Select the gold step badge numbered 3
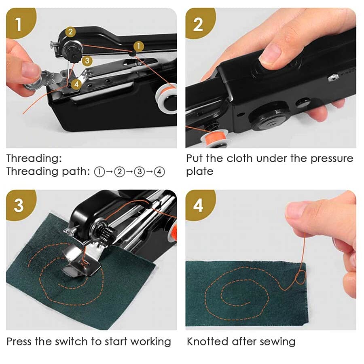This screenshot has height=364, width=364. click(x=19, y=205)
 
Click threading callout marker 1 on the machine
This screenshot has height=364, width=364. click(x=138, y=47)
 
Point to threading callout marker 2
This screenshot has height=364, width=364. click(x=70, y=32)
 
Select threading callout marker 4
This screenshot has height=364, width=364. click(x=76, y=84)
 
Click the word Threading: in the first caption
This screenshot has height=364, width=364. click(x=34, y=158)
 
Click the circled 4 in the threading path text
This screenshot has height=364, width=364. click(x=160, y=171)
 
